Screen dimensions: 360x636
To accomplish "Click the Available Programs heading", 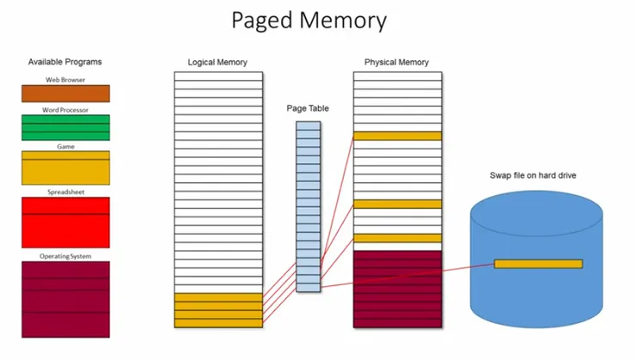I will [x=64, y=62].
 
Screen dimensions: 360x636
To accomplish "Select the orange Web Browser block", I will [x=65, y=94].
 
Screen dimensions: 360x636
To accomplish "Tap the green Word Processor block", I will [x=65, y=127].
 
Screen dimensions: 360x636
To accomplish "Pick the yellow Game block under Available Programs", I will [x=65, y=168].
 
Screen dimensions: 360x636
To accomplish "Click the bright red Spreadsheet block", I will [x=65, y=223].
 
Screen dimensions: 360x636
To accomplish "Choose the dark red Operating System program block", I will [x=65, y=298].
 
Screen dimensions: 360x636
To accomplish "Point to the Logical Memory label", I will [x=217, y=63].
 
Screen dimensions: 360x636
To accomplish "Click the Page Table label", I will [x=308, y=109].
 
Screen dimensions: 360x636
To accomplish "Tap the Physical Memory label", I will [x=396, y=63].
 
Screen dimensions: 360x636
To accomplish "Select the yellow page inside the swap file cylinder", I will [x=538, y=264].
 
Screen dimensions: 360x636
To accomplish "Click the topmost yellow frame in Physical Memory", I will [x=397, y=136].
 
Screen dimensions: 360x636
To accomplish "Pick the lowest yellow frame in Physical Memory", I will [x=397, y=238].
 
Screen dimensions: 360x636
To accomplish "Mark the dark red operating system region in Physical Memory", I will [x=397, y=289].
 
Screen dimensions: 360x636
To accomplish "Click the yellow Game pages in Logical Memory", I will [x=218, y=310].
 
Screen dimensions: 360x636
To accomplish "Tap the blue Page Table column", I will [x=309, y=206].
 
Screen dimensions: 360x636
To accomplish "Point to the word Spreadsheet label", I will [x=65, y=192].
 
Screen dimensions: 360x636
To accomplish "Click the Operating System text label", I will [x=65, y=256].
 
